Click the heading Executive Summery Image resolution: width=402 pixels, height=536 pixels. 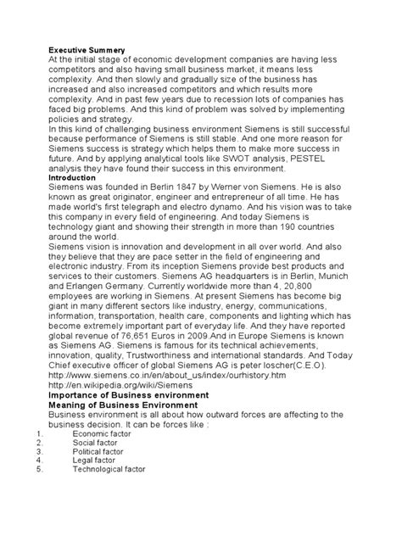coord(87,51)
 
